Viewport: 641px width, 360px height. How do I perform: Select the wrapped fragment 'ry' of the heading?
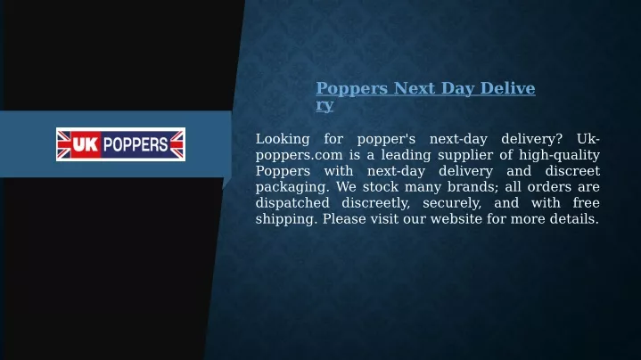325,105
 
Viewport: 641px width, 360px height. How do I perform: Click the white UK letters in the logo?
86,144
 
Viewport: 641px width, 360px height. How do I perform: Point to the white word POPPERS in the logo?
136,144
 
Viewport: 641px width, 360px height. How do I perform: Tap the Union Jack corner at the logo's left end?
64,144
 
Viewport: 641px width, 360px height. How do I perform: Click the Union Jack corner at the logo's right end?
177,144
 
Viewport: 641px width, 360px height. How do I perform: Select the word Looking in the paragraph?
283,140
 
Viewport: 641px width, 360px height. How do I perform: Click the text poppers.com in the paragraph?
300,156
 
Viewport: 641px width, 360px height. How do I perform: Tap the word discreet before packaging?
572,171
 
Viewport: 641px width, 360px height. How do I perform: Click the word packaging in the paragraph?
292,187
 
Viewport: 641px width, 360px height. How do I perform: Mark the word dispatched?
292,203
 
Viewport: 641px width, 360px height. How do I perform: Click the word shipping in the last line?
286,219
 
